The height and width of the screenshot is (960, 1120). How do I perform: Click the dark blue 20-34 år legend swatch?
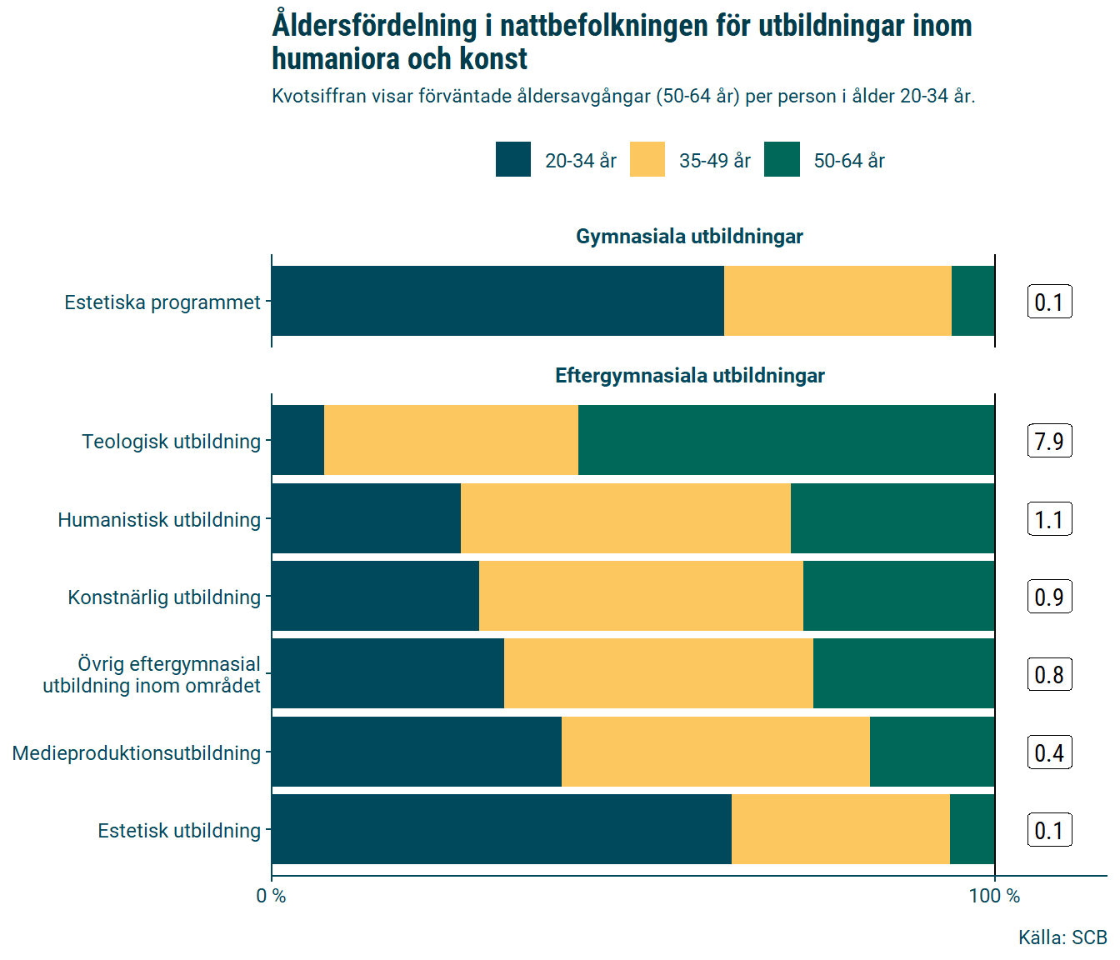513,159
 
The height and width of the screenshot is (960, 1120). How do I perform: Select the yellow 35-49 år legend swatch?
647,159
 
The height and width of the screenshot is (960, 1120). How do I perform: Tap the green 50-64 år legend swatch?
782,159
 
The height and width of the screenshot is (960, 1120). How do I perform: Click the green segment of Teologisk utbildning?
786,440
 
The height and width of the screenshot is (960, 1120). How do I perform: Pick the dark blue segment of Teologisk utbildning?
297,440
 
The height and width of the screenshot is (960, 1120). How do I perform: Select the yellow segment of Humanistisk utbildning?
625,518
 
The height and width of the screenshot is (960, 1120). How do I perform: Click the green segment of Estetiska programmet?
972,301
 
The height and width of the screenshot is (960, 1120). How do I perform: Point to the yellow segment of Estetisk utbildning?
840,829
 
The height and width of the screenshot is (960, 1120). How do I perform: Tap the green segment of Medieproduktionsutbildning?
932,752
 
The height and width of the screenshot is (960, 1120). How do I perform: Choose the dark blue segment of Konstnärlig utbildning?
375,596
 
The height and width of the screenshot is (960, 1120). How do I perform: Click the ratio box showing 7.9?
1049,441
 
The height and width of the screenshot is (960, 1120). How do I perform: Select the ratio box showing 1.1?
1049,519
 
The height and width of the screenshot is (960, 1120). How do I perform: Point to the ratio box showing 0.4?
1049,752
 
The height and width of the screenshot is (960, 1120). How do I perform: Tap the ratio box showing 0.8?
1049,674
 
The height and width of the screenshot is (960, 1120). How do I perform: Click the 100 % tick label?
994,896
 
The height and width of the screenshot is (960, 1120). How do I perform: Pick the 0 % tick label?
271,896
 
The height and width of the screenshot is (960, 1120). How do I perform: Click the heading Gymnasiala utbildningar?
689,237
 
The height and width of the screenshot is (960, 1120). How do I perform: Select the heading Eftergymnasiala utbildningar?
689,376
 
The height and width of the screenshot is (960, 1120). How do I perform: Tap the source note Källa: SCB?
1062,937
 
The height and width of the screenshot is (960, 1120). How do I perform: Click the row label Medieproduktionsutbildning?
137,753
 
